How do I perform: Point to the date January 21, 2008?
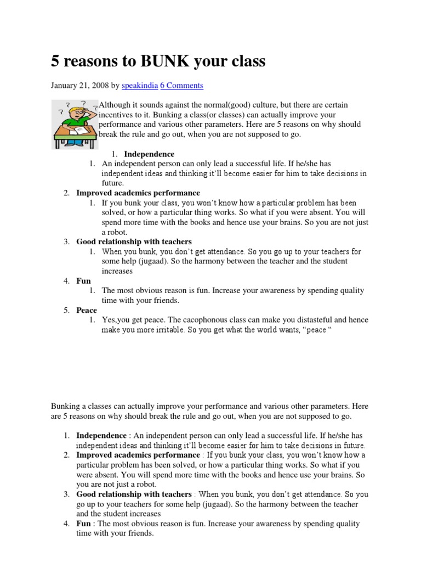79,86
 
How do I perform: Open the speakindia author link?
139,86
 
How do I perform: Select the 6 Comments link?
181,86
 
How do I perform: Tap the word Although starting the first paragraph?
117,104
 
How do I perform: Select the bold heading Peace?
87,310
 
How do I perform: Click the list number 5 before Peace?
66,310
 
